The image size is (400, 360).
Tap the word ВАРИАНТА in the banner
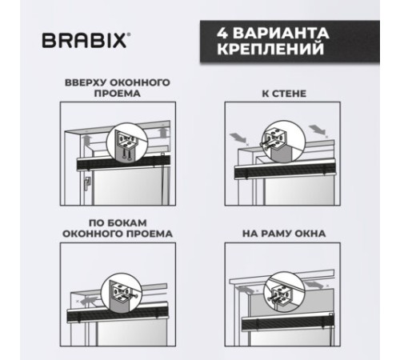[281, 33]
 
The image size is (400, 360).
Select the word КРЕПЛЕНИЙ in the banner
[270, 49]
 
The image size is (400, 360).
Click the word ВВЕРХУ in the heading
[86, 82]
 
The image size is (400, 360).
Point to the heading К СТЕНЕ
[284, 94]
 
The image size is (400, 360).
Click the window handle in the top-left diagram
[87, 183]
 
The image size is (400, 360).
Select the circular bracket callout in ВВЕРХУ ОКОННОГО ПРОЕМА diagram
[127, 142]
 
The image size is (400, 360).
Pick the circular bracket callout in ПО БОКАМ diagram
[122, 293]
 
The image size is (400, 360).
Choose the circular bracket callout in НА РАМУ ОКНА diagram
[283, 291]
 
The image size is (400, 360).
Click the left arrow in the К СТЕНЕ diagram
[238, 138]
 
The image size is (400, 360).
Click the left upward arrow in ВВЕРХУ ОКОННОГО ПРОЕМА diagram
[87, 140]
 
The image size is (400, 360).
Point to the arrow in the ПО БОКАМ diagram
[89, 300]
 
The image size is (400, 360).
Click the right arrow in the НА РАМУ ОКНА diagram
[314, 284]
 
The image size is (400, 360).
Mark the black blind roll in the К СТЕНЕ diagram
[285, 173]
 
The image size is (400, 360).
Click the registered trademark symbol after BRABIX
[129, 34]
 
